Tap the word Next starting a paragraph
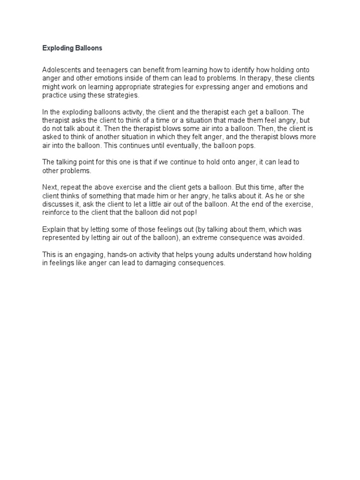tap(50, 187)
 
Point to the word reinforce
tap(58, 213)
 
